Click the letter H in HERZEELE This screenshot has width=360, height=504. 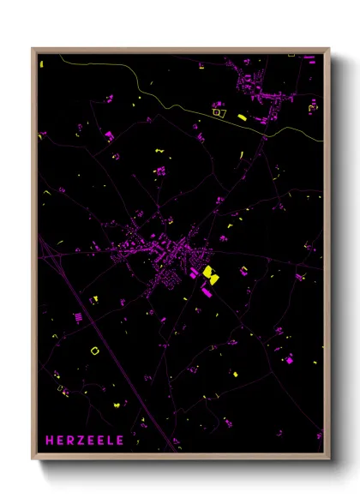tap(50, 441)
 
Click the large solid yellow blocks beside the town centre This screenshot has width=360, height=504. tap(208, 274)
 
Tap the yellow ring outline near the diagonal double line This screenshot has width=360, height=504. tap(94, 349)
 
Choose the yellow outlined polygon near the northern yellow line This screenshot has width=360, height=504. tap(219, 110)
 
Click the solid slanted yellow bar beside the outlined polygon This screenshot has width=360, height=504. tap(242, 116)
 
